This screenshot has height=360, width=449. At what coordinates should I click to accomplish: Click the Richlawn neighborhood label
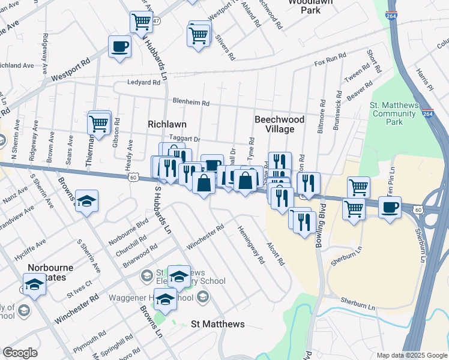(x=167, y=124)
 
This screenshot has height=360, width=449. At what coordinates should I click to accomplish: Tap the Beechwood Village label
(x=279, y=124)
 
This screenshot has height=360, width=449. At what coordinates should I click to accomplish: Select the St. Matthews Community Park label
(x=394, y=113)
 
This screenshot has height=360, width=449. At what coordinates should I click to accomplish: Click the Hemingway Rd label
(x=250, y=245)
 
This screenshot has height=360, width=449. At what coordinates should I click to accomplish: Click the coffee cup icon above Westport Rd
(x=120, y=46)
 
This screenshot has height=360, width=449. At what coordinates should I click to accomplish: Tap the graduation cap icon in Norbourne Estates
(x=34, y=284)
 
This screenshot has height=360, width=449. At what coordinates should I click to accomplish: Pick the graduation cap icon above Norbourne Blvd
(x=87, y=202)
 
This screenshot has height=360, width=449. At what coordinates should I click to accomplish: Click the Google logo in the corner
(x=20, y=353)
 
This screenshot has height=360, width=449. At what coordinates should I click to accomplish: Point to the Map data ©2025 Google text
(x=411, y=355)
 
